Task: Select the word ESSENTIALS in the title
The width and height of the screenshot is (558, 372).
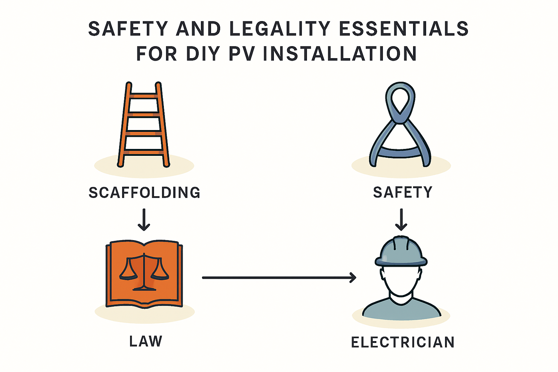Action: pyautogui.click(x=403, y=29)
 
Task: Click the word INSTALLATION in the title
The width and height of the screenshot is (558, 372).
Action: pyautogui.click(x=339, y=54)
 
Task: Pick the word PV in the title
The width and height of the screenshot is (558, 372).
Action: pyautogui.click(x=241, y=54)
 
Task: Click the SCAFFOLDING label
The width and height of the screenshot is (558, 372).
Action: pyautogui.click(x=144, y=193)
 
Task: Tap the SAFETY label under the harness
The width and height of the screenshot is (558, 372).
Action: pyautogui.click(x=403, y=192)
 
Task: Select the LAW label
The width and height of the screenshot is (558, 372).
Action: pyautogui.click(x=145, y=341)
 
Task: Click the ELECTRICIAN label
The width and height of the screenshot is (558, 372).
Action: pyautogui.click(x=403, y=342)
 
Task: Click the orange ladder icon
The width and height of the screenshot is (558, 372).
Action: pyautogui.click(x=144, y=125)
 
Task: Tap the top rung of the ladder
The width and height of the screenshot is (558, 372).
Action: pyautogui.click(x=144, y=96)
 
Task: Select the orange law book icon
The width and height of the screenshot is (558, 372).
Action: pyautogui.click(x=144, y=274)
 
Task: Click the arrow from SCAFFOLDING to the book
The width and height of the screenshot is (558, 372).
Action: pyautogui.click(x=144, y=219)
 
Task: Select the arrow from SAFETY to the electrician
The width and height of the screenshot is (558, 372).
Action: pyautogui.click(x=401, y=219)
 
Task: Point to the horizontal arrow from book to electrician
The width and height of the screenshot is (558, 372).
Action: pyautogui.click(x=279, y=278)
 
